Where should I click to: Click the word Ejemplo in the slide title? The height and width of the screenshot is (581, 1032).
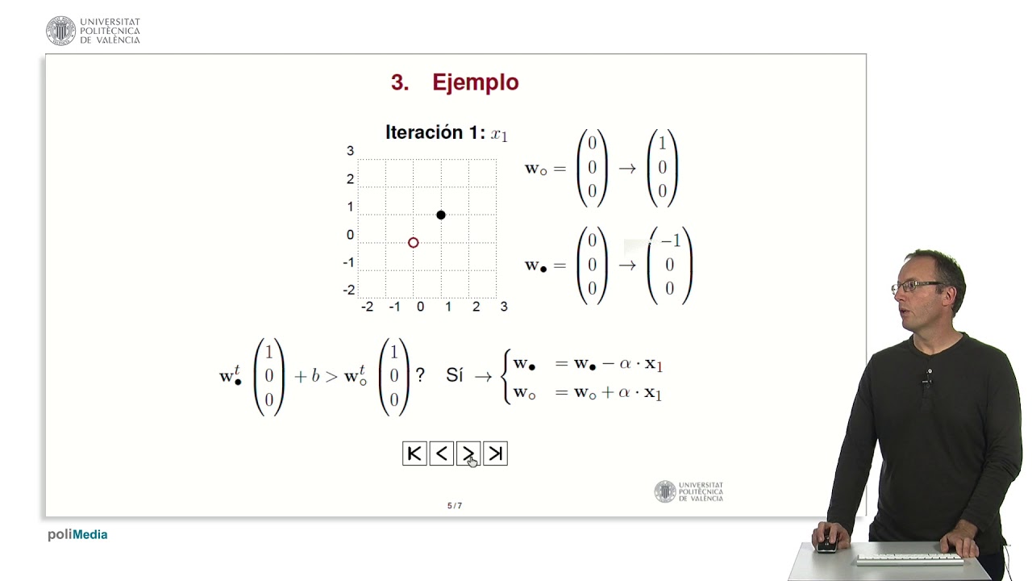[x=475, y=82]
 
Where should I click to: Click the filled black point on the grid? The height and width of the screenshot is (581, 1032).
[x=441, y=215]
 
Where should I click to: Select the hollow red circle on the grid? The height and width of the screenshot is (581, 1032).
[x=414, y=243]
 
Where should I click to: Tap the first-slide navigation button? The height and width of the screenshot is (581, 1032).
[x=414, y=454]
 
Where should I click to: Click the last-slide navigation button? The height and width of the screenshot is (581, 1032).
[x=495, y=454]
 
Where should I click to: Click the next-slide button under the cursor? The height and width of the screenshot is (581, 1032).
[x=468, y=454]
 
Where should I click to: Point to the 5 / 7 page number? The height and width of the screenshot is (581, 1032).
[x=455, y=506]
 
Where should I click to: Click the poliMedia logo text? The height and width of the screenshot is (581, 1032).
[x=77, y=534]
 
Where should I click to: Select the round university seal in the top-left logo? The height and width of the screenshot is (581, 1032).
[x=60, y=31]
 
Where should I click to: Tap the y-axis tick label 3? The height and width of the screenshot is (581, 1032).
[x=350, y=151]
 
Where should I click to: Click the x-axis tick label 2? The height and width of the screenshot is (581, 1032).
[x=476, y=307]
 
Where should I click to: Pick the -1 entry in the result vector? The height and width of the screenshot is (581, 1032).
[x=671, y=241]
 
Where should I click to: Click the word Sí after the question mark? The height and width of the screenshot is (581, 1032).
[x=455, y=375]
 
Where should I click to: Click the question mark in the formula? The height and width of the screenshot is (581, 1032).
[x=420, y=375]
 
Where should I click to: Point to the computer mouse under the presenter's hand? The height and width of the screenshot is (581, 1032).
[x=826, y=545]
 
